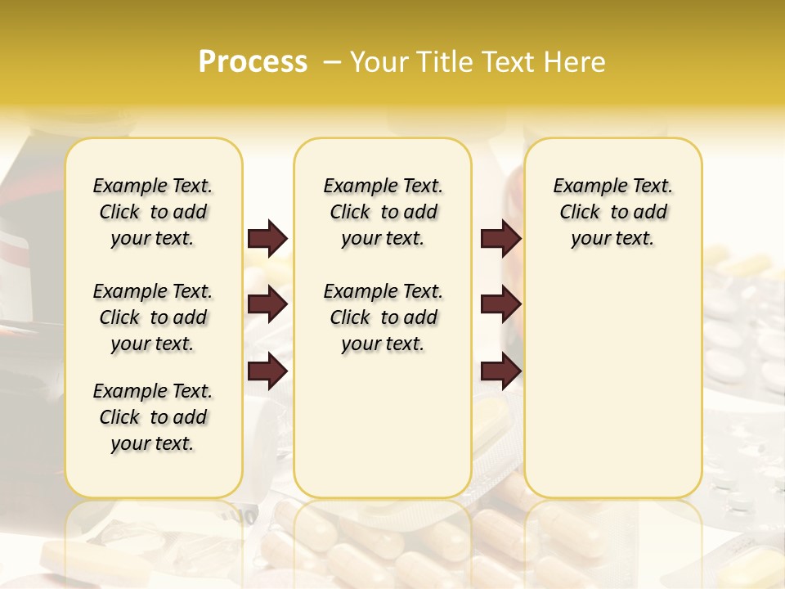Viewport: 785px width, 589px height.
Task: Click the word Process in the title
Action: (x=253, y=62)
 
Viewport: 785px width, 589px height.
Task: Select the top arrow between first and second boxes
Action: (x=267, y=239)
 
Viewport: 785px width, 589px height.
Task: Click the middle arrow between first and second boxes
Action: (x=267, y=305)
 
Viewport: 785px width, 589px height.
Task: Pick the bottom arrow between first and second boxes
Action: (x=267, y=371)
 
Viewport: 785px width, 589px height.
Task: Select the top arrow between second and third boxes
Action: (x=500, y=239)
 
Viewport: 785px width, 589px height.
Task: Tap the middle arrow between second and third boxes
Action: (x=500, y=305)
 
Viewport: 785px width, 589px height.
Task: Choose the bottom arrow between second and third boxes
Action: (x=500, y=371)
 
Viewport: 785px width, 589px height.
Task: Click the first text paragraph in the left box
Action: (x=153, y=212)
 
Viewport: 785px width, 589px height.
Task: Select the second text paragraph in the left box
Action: (x=153, y=317)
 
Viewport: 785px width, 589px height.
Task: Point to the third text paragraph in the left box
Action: (x=153, y=417)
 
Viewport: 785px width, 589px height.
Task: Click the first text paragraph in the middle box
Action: (x=384, y=212)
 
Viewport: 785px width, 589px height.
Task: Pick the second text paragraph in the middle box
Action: (x=384, y=317)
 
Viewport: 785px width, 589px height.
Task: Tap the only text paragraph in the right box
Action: (x=613, y=212)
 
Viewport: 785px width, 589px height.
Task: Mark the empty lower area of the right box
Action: (x=613, y=384)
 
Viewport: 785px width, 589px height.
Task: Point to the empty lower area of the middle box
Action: (x=384, y=425)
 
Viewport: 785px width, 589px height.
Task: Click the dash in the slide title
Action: (x=333, y=62)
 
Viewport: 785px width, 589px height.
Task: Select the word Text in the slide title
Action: (x=508, y=62)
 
